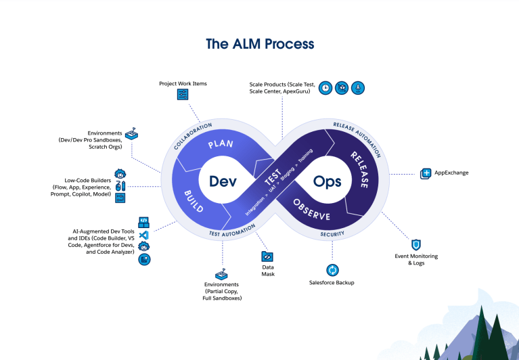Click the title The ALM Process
tap(260, 44)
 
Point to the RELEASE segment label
tap(358, 170)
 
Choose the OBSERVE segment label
tap(312, 210)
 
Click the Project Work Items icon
tap(183, 95)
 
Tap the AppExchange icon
tap(426, 173)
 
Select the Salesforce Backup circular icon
tap(332, 269)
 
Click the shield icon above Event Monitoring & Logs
tap(416, 244)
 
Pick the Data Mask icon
tap(267, 256)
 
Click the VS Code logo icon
tap(143, 234)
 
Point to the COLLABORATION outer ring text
tap(197, 136)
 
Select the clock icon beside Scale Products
tap(325, 87)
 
